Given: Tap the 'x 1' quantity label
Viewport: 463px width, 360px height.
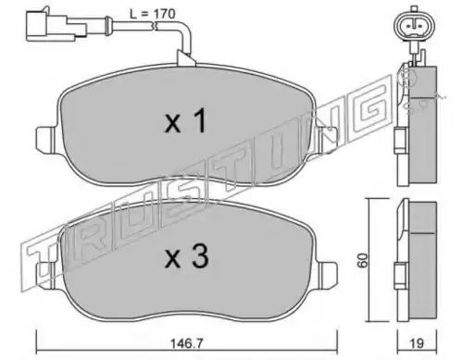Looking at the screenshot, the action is (x=185, y=122).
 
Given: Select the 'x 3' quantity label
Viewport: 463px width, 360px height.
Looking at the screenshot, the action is (x=186, y=256).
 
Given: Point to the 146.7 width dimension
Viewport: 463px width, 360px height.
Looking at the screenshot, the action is (x=186, y=343).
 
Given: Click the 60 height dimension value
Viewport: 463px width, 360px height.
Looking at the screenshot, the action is (x=363, y=260).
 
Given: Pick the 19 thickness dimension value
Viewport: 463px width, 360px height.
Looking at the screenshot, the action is (x=417, y=343).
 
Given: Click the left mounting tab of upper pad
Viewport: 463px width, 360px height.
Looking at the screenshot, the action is (x=47, y=140).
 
